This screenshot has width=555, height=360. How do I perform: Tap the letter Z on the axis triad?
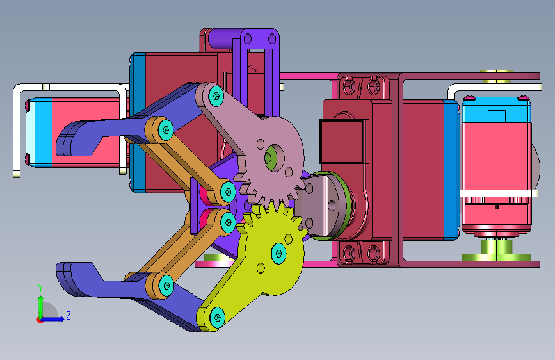(68, 315)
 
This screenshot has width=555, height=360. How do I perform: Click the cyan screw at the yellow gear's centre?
(279, 254)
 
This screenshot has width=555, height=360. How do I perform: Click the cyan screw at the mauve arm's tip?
(216, 96)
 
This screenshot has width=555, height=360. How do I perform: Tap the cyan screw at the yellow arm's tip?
(217, 317)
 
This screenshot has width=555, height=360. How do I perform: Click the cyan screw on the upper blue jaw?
(165, 130)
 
